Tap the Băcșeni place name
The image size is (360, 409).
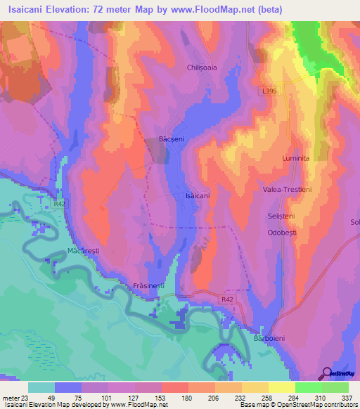(172, 139)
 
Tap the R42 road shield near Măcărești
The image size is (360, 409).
(60, 204)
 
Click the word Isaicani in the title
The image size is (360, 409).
(31, 9)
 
